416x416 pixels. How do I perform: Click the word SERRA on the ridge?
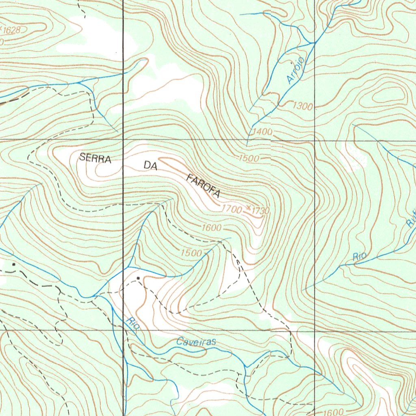tap(95, 158)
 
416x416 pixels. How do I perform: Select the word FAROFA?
tap(203, 186)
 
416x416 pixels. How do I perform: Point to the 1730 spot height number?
tap(260, 210)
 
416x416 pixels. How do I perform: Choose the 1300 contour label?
tap(303, 106)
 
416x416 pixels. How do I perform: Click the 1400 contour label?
tap(262, 132)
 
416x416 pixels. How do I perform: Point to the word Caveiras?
tap(196, 342)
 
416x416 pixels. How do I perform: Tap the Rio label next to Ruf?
tap(360, 257)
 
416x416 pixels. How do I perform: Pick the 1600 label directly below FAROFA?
tap(211, 228)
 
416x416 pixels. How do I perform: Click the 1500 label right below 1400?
tap(249, 158)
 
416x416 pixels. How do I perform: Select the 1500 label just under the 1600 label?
tap(191, 253)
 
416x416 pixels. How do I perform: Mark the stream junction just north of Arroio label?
tap(312, 43)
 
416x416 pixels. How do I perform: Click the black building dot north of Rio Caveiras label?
tap(139, 278)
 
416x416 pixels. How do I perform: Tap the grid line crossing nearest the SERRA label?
tap(123, 141)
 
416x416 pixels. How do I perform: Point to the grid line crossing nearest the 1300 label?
tap(315, 141)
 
